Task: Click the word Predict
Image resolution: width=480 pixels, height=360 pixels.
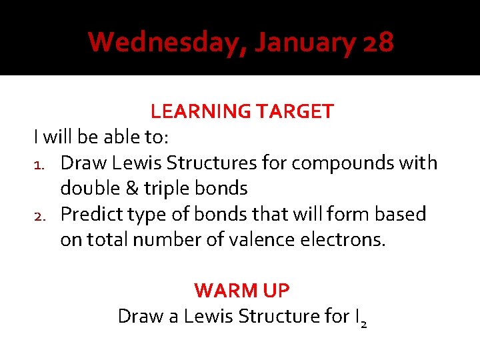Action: [x=89, y=214]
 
